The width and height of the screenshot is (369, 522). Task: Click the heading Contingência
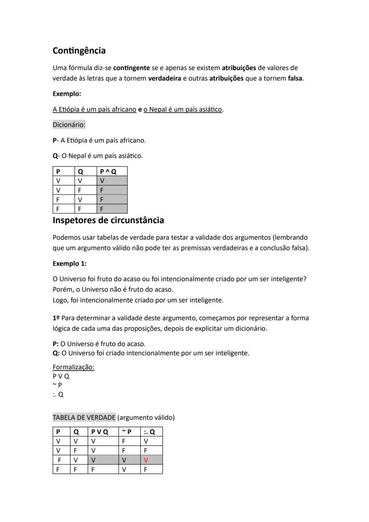(x=79, y=51)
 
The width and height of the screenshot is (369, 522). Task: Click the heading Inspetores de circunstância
(x=108, y=220)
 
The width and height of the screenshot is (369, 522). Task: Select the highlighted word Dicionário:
(x=69, y=125)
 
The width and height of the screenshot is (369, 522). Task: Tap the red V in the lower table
(x=146, y=460)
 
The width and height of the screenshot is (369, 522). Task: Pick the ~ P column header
(x=127, y=432)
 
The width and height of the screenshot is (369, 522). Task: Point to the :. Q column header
(x=149, y=432)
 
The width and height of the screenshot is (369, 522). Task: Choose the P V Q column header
(x=100, y=432)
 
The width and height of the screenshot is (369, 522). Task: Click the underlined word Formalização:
(x=74, y=367)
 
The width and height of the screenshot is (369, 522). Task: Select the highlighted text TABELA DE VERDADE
(x=84, y=418)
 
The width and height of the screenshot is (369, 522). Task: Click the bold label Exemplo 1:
(x=70, y=263)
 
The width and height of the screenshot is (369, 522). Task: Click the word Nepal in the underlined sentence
(x=158, y=110)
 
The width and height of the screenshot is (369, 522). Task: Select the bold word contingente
(x=131, y=68)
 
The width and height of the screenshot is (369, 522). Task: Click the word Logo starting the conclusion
(x=60, y=300)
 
